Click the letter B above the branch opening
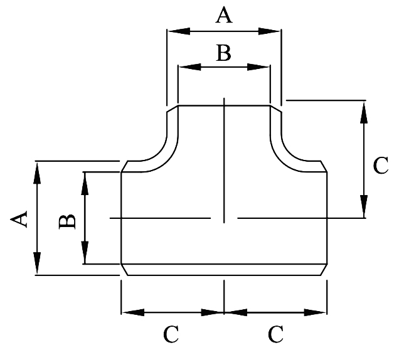point(223,53)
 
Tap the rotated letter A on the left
point(19,219)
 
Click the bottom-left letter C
point(171,334)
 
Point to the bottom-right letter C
point(275,334)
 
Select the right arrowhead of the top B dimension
point(264,66)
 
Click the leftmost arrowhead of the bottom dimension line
point(128,311)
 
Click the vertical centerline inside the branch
point(224,157)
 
